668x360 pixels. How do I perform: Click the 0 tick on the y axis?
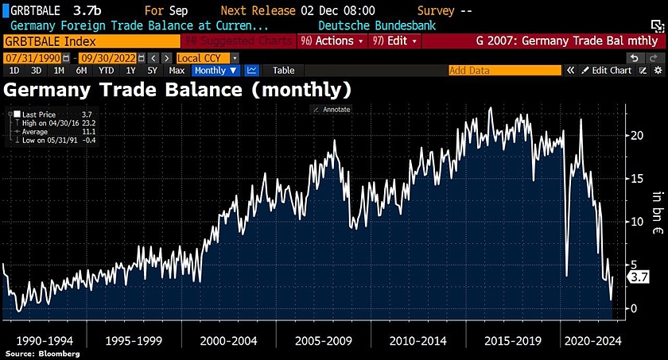633,308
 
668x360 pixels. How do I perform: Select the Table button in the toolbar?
283,71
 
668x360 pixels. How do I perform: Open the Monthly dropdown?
216,71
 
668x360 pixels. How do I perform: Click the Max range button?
177,71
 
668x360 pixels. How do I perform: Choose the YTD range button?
106,71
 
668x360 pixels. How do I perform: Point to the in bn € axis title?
657,208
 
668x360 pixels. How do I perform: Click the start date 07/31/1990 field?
33,58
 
